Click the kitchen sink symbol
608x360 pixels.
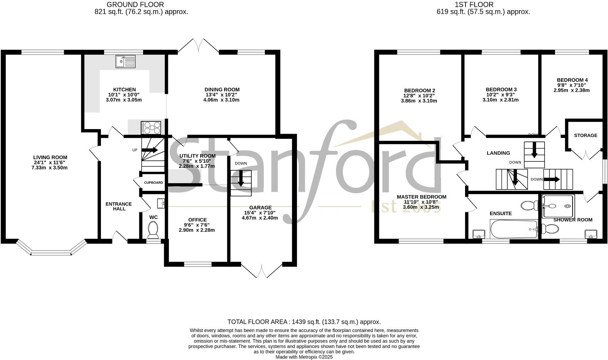tap(125, 61)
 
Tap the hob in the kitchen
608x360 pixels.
tap(151, 128)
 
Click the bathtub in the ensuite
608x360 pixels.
tap(514, 229)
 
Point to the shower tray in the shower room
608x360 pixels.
tap(557, 206)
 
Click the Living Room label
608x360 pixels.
tap(50, 157)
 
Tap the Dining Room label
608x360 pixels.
tap(222, 89)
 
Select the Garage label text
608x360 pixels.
tap(260, 207)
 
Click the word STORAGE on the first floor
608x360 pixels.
tap(585, 135)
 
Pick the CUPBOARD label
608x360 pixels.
tap(153, 183)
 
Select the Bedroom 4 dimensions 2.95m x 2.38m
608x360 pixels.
tap(572, 90)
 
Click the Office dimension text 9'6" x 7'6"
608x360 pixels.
tap(197, 225)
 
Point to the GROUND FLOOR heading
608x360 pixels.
tap(135, 4)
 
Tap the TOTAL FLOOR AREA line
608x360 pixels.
tap(304, 322)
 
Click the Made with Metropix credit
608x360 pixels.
tap(304, 357)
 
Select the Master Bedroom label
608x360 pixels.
tap(421, 197)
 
